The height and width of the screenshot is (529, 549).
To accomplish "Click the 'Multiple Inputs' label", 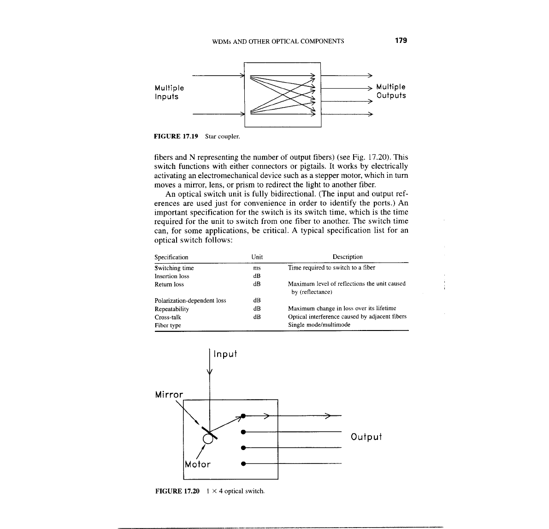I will click(x=169, y=92).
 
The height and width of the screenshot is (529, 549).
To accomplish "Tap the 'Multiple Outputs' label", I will click(x=391, y=91).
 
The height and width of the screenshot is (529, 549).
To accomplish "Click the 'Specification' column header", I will click(x=171, y=257).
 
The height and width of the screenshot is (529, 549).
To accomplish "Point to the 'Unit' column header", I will click(x=257, y=257).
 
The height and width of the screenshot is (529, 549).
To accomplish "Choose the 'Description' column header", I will click(x=348, y=257).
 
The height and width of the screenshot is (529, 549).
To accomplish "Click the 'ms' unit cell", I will click(x=257, y=268).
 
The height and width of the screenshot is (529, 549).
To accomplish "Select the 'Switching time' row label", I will click(x=174, y=268).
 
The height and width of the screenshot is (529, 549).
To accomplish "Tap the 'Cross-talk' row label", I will click(x=168, y=317).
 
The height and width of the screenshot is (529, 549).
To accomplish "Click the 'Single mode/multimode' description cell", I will click(x=319, y=325).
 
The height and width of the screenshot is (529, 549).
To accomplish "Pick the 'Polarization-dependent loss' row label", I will click(x=190, y=301).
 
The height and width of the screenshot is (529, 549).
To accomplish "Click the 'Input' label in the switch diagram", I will click(x=225, y=354).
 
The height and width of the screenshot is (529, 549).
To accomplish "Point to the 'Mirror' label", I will click(x=169, y=395).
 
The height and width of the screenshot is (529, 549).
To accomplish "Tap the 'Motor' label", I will click(x=197, y=464).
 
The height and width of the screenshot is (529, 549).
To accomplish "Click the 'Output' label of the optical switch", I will click(x=366, y=437).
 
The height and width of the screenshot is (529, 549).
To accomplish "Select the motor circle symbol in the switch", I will click(x=208, y=439).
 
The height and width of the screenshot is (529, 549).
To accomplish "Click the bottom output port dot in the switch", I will click(x=243, y=463).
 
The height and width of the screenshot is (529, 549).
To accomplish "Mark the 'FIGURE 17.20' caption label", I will click(x=177, y=491).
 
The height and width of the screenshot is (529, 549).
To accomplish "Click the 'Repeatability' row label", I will click(x=171, y=309).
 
